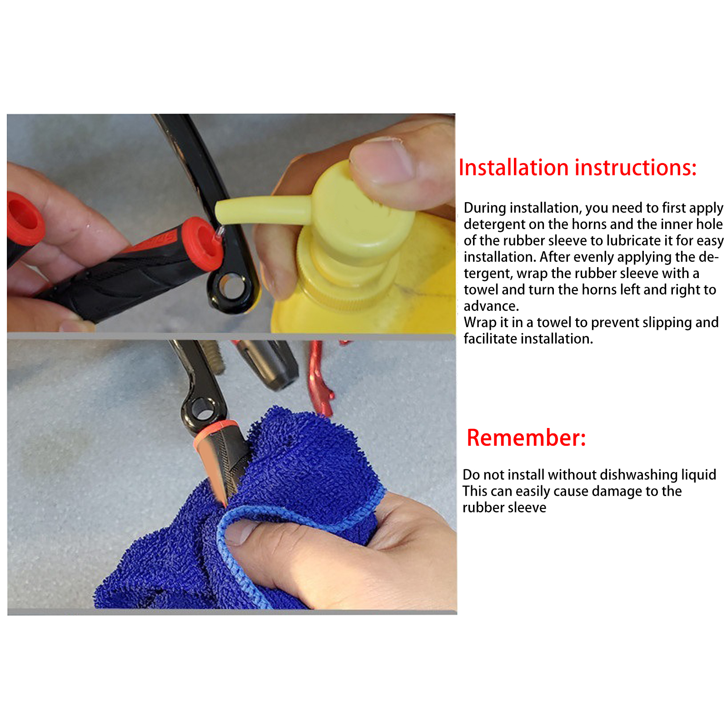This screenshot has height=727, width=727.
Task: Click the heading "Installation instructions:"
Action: click(x=578, y=168)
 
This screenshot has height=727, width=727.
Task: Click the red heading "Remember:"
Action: click(x=526, y=438)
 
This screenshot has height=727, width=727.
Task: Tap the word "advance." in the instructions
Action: click(x=491, y=306)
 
